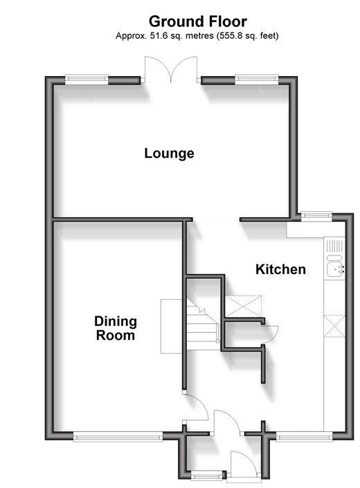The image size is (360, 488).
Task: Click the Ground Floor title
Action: coord(197,21)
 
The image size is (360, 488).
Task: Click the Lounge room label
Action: coord(169,153)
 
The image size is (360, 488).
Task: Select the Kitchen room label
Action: coord(280,269)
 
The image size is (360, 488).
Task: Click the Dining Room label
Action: coord(116,328)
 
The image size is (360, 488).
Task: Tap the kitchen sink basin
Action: coord(334,269)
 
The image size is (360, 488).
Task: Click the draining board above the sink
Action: coord(334,246)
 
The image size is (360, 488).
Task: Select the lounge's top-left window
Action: coord(87,80)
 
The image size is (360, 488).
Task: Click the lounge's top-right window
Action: coord(257,80)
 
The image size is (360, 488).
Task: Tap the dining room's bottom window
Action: coord(118,436)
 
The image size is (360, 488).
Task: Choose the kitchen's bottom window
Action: coord(304,436)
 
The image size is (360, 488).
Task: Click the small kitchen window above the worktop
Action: coord(316,216)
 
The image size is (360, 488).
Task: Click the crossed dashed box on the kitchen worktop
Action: coord(334,326)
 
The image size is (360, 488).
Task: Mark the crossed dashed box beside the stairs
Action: coord(243,307)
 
